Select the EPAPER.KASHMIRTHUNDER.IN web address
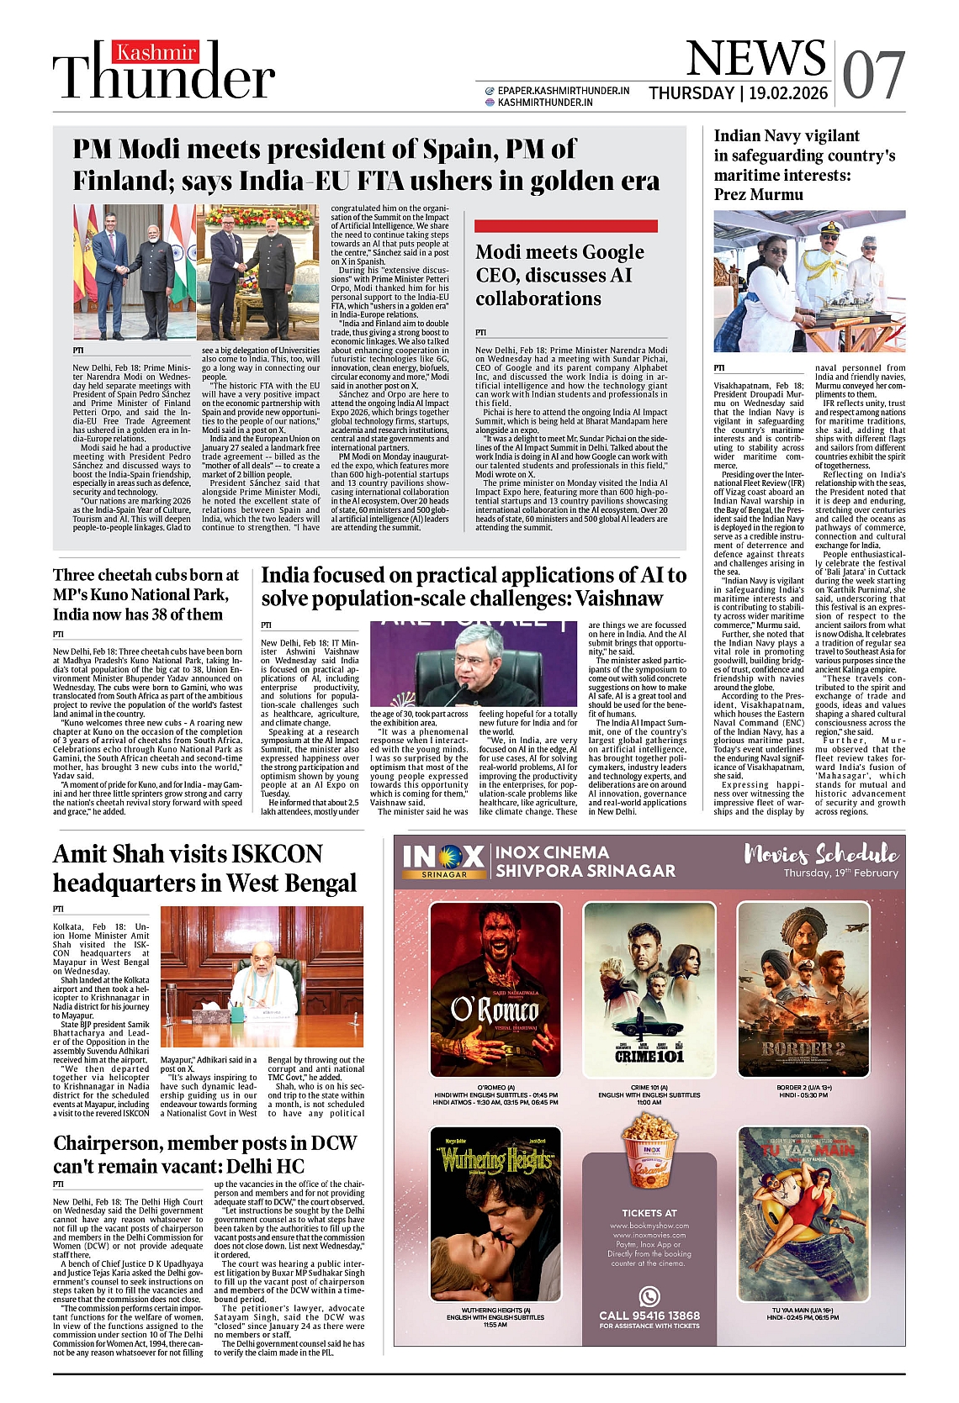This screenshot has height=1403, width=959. (563, 91)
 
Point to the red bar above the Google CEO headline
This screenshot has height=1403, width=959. (565, 226)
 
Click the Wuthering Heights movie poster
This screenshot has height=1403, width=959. (495, 1213)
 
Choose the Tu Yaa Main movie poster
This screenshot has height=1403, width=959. (803, 1213)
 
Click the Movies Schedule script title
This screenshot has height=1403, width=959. (821, 855)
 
